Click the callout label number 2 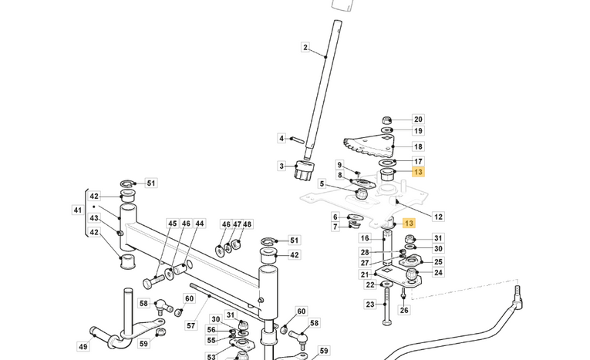pos(305,48)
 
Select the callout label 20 pos(418,119)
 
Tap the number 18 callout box pos(418,146)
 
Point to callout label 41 pos(78,210)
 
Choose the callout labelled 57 pos(190,325)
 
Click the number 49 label pos(83,347)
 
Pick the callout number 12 pos(438,217)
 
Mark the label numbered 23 pos(369,304)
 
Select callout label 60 pos(189,298)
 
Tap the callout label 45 pos(173,224)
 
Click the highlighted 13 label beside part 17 pos(418,172)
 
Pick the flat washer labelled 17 pos(386,163)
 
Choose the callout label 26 pos(405,310)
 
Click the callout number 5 pos(322,183)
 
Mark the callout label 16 pos(365,238)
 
